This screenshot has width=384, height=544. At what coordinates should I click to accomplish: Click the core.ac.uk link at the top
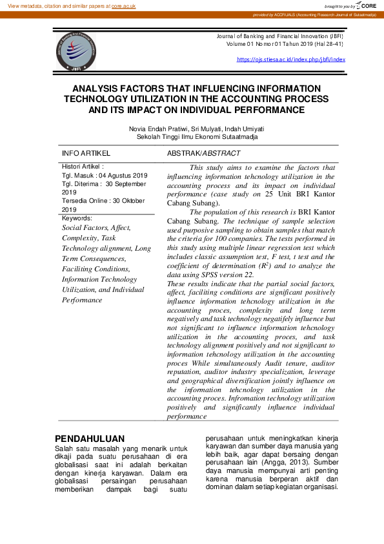[123, 5]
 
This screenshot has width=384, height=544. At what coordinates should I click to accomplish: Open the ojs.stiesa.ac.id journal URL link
[291, 59]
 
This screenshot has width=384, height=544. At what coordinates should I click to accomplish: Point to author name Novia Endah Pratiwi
[157, 129]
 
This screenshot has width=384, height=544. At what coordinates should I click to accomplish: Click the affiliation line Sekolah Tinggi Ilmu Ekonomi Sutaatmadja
[197, 137]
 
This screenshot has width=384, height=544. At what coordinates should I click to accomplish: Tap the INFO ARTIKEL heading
[86, 154]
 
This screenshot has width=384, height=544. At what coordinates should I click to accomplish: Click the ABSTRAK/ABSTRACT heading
[203, 154]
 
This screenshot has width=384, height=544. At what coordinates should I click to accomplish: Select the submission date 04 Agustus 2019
[123, 176]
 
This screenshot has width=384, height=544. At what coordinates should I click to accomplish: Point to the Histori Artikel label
[82, 167]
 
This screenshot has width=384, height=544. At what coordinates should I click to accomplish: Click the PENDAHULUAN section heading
[89, 439]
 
